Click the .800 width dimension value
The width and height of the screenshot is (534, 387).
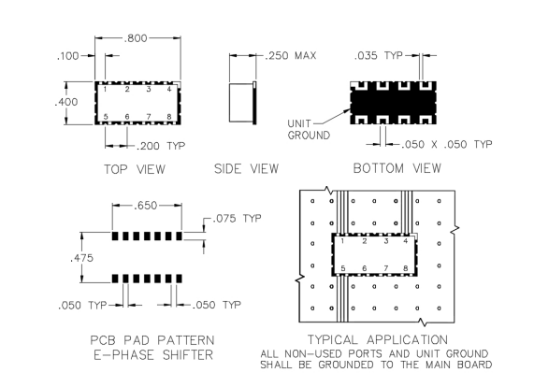pyautogui.click(x=136, y=38)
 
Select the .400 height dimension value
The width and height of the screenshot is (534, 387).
pyautogui.click(x=66, y=102)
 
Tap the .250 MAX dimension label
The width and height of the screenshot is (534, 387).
pyautogui.click(x=291, y=55)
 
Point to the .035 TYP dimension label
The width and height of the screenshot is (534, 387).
pyautogui.click(x=379, y=55)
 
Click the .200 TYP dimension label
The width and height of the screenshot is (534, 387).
pyautogui.click(x=161, y=146)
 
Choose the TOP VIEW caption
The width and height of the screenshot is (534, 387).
pyautogui.click(x=135, y=169)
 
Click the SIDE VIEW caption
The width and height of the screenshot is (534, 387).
pyautogui.click(x=246, y=168)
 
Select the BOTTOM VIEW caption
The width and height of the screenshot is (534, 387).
pyautogui.click(x=397, y=168)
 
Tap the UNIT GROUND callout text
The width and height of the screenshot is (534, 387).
pyautogui.click(x=309, y=129)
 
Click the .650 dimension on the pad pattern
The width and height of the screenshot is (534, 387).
pyautogui.click(x=145, y=206)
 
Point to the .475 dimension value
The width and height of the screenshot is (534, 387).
pyautogui.click(x=81, y=258)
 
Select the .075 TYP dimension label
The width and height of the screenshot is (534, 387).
pyautogui.click(x=237, y=218)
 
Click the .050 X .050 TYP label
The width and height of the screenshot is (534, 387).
pyautogui.click(x=446, y=145)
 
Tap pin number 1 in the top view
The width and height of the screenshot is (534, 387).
pyautogui.click(x=106, y=89)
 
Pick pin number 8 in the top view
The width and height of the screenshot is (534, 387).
pyautogui.click(x=169, y=117)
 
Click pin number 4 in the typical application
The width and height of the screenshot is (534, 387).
pyautogui.click(x=405, y=241)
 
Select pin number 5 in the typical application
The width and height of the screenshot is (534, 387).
pyautogui.click(x=343, y=268)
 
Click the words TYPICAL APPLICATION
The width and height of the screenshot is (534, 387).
pyautogui.click(x=377, y=339)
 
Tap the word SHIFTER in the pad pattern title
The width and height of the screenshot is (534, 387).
pyautogui.click(x=188, y=355)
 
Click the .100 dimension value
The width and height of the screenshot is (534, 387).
pyautogui.click(x=67, y=55)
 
